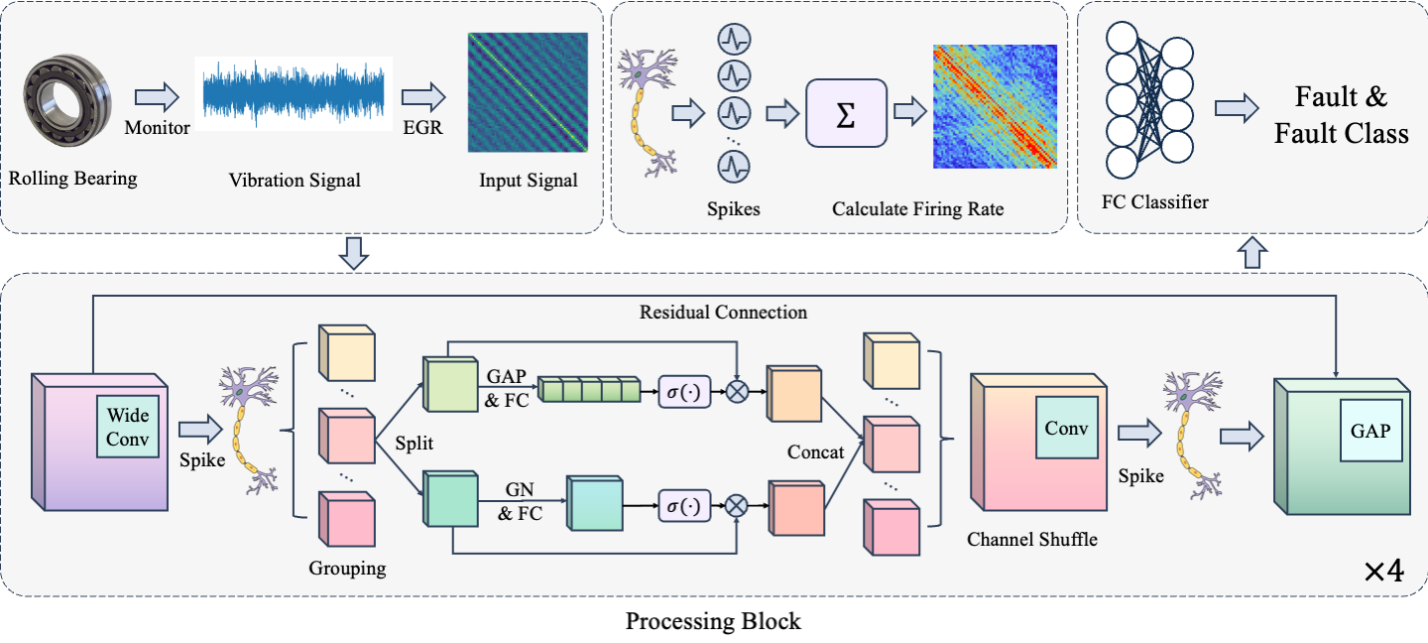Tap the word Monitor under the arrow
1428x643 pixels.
(x=157, y=128)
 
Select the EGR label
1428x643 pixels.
(x=422, y=128)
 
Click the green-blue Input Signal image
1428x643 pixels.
(x=528, y=92)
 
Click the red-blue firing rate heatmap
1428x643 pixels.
(x=995, y=106)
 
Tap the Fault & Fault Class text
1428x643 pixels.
(x=1341, y=114)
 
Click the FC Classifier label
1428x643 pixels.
(x=1155, y=202)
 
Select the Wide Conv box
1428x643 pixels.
(x=128, y=428)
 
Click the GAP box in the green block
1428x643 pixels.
(x=1371, y=431)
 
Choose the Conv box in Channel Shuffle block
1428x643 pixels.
(x=1066, y=428)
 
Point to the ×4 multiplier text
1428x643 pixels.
(x=1382, y=574)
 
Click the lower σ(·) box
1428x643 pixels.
(x=685, y=506)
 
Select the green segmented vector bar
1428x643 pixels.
(x=585, y=391)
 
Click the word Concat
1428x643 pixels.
(x=815, y=451)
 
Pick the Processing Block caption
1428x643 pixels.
(x=713, y=622)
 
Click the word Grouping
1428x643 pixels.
(x=347, y=569)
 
